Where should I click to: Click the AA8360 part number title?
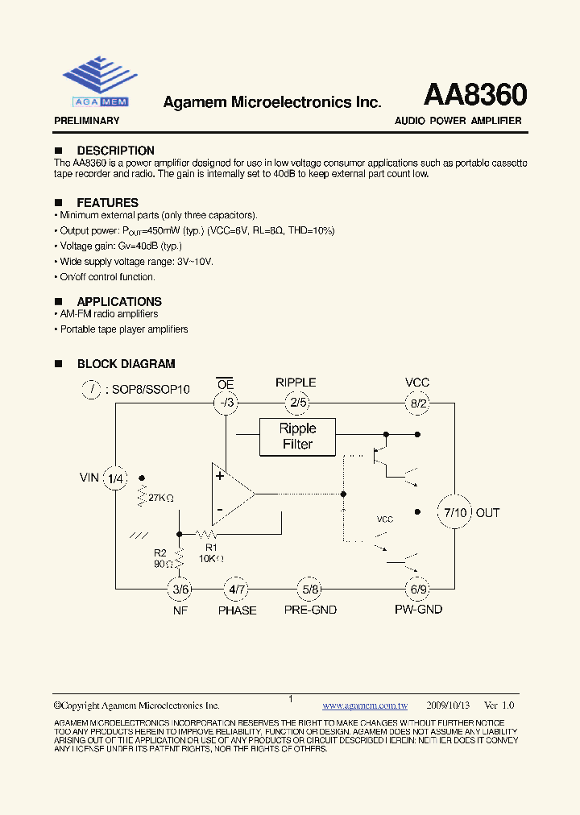475,95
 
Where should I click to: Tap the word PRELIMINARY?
86,121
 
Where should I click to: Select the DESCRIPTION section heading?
115,151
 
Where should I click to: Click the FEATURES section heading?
107,203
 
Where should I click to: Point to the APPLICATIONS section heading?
119,302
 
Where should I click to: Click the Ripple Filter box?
297,436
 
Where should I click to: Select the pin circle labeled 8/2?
418,403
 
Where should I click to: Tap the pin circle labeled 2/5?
298,403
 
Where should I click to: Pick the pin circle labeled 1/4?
116,478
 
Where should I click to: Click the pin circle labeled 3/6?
180,590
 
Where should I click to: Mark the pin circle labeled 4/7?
237,590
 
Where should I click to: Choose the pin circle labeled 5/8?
310,590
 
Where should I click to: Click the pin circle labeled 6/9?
418,590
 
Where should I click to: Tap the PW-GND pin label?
418,610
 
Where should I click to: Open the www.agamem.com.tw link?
365,705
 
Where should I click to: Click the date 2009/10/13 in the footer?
448,705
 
